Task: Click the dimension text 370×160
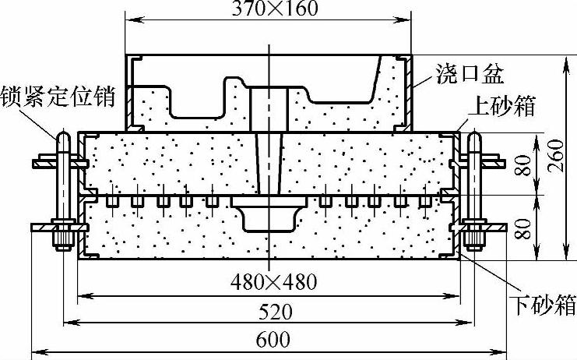point(275,8)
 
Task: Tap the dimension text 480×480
point(274,282)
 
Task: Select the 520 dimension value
point(275,312)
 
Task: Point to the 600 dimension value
point(273,340)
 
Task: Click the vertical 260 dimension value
point(556,156)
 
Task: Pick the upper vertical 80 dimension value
point(523,166)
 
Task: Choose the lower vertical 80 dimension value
point(523,229)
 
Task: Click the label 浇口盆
point(470,74)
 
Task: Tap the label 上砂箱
point(502,106)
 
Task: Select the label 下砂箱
point(544,305)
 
